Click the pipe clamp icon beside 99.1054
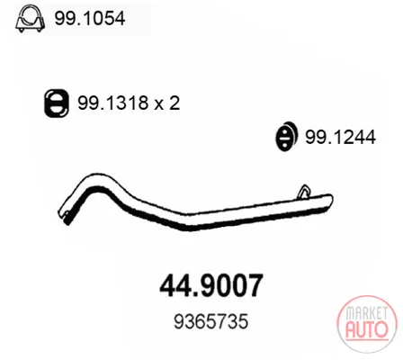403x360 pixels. (x=30, y=19)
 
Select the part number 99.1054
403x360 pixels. (x=89, y=18)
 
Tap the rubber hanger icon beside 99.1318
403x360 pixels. (x=57, y=103)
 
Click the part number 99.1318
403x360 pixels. (x=113, y=103)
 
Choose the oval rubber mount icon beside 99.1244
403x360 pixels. (x=287, y=136)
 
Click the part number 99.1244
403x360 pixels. (x=340, y=137)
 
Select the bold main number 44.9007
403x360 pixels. (x=211, y=285)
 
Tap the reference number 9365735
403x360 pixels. (x=211, y=321)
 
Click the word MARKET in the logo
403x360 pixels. (x=367, y=313)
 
